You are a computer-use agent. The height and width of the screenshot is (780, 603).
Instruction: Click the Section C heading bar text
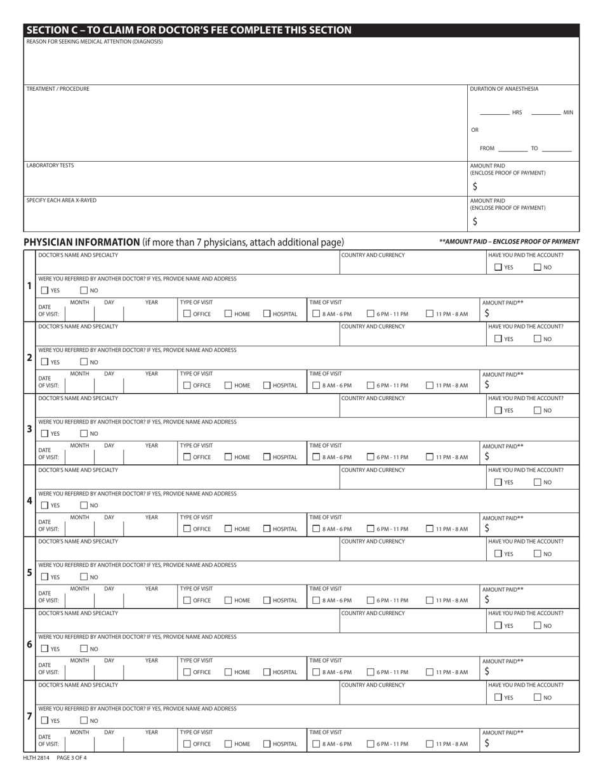coord(189,30)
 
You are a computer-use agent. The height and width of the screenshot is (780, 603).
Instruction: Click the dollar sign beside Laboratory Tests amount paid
coord(475,186)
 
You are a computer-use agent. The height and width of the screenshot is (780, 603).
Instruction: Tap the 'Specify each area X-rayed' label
coord(62,200)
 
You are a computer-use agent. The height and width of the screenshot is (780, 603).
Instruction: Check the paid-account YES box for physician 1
coord(498,267)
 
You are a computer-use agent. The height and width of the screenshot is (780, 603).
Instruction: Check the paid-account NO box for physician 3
coord(538,410)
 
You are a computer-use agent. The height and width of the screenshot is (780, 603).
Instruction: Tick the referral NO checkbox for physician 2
coord(83,362)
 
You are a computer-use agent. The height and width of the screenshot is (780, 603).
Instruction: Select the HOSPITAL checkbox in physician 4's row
coord(267,528)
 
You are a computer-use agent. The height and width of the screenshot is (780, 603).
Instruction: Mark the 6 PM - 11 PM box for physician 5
coord(371,600)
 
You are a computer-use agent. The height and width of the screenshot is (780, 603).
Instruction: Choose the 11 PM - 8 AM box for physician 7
coord(430,743)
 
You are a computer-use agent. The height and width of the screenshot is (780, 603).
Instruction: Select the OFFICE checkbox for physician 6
coord(187,672)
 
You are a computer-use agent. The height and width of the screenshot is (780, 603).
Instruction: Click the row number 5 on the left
coord(29,572)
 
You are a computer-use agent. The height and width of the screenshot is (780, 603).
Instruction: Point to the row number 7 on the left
coord(29,716)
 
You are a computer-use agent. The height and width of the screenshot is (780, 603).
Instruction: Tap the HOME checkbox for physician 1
coord(228,313)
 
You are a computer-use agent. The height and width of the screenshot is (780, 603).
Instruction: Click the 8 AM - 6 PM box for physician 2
coord(316,385)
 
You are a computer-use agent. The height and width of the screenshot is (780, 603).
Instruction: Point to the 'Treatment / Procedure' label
coord(58,89)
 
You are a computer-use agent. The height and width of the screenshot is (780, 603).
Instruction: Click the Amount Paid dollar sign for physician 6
coord(487,672)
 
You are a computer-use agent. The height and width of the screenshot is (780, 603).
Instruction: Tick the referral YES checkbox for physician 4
coord(44,505)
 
